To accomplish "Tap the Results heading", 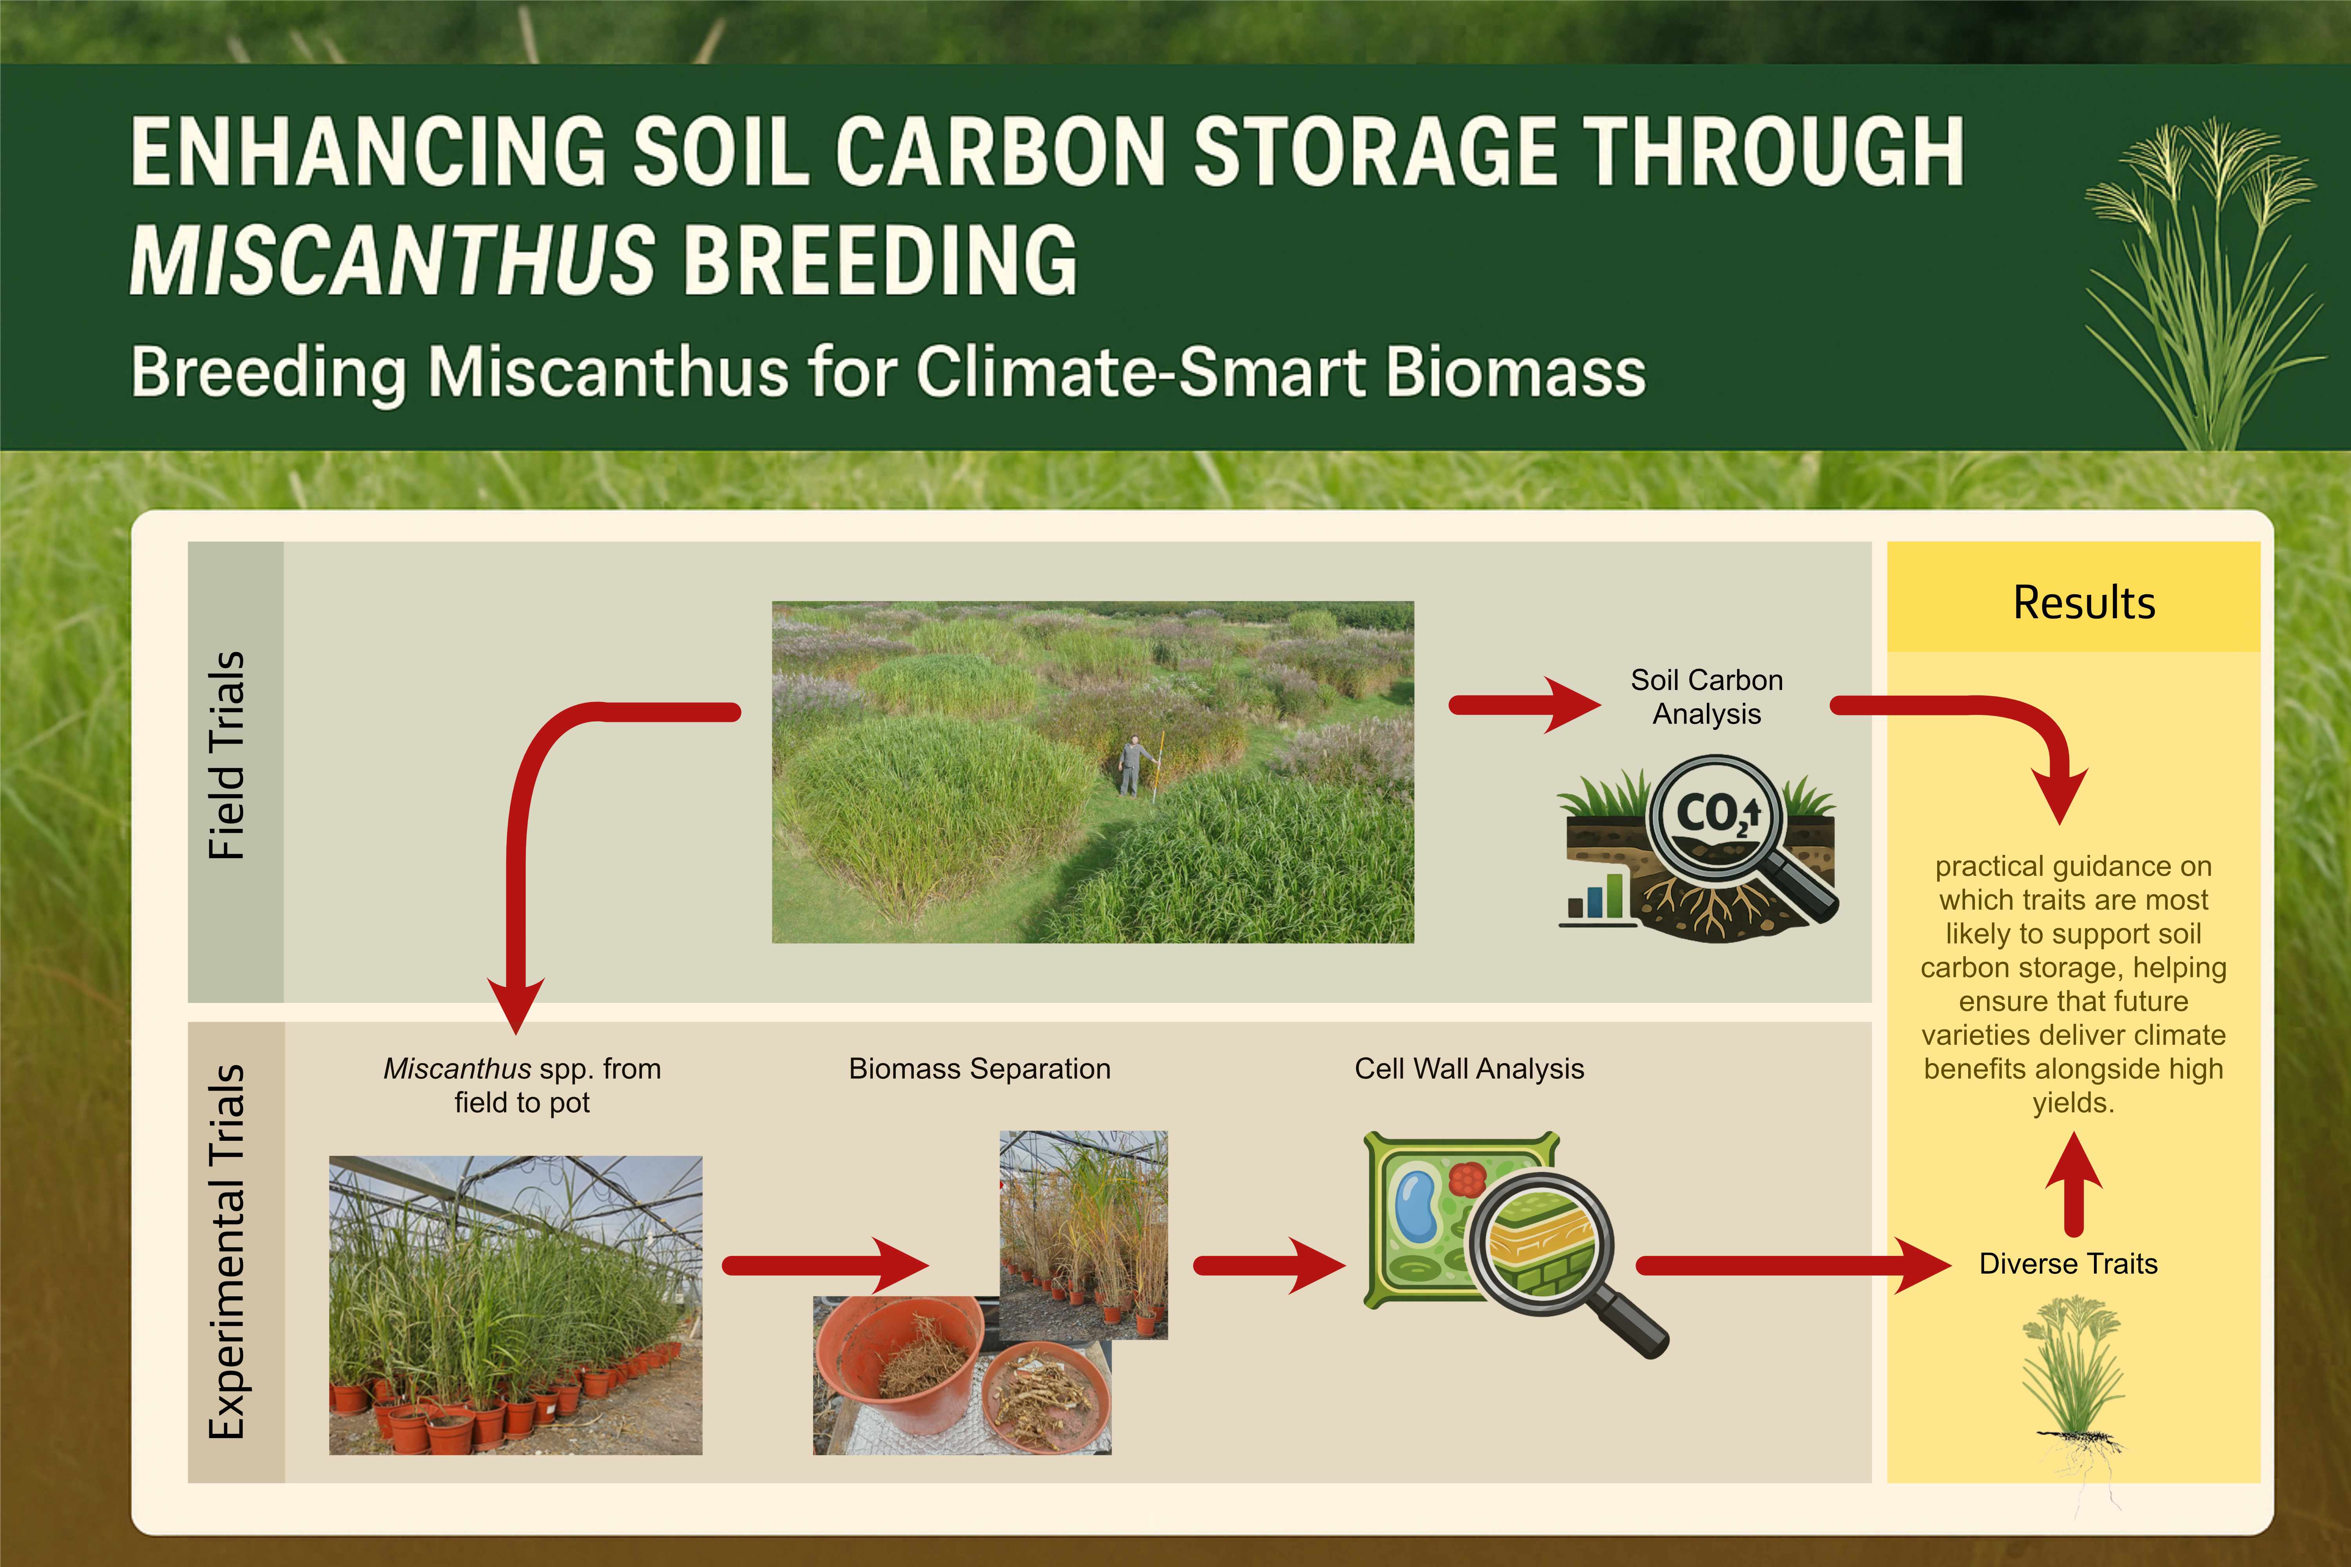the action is click(2084, 603).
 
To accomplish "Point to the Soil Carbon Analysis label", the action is click(1706, 697).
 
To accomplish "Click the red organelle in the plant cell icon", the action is click(1466, 1179).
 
